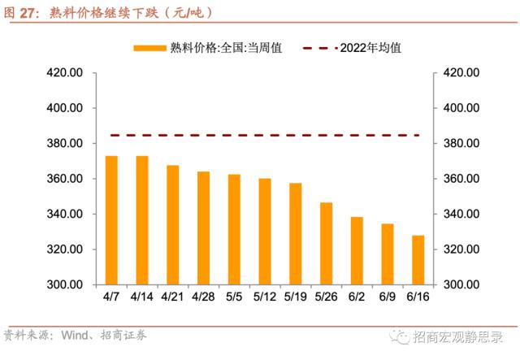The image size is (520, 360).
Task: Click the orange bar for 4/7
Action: click(111, 220)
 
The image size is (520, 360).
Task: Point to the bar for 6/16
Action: click(418, 260)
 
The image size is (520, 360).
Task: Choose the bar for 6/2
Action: click(357, 250)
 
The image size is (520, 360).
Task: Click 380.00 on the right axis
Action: click(461, 144)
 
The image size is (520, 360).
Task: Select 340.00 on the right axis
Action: click(461, 215)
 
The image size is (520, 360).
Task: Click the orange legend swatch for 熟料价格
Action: click(149, 48)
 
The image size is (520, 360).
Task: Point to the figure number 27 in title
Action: click(29, 12)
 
